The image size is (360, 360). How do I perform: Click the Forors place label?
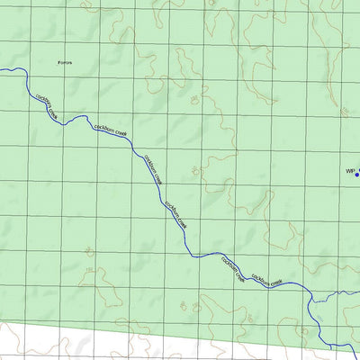click(x=63, y=63)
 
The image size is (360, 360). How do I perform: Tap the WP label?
click(x=351, y=170)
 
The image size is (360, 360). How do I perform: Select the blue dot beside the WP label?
click(x=357, y=174)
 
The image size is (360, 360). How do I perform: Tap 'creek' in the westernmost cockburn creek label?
click(x=53, y=113)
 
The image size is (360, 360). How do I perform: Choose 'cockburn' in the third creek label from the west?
click(x=147, y=162)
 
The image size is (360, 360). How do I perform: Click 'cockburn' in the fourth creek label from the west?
click(x=169, y=207)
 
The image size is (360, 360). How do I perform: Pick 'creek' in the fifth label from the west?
click(x=240, y=278)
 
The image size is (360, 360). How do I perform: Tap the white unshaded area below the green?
click(x=135, y=346)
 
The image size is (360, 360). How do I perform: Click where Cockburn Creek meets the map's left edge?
click(x=2, y=69)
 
